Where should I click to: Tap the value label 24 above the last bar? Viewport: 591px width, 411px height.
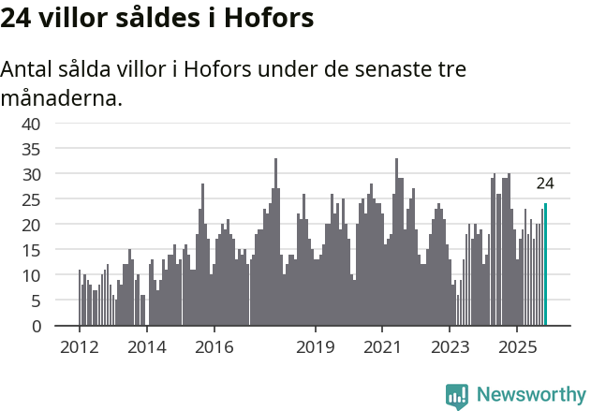coord(545,183)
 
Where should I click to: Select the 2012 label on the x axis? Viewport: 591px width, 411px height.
coord(79,346)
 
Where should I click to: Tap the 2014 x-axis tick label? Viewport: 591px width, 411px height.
coord(146,346)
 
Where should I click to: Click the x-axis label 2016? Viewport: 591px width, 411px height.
coord(214,346)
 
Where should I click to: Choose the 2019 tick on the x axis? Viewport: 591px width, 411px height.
coord(315,346)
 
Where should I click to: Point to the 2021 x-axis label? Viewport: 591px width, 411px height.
coord(382,346)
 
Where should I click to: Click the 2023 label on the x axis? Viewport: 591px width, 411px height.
coord(450,346)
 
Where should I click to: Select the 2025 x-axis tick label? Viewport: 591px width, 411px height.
coord(517,346)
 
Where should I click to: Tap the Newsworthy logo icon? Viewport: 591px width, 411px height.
coord(457,395)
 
